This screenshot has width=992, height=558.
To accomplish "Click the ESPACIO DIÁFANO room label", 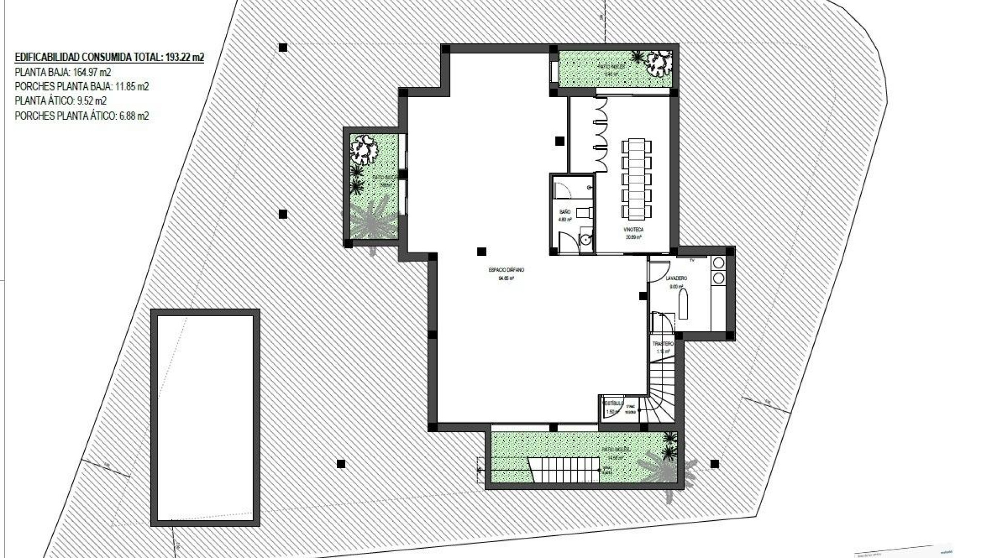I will pos(506,270).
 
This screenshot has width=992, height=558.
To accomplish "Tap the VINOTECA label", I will pos(633,229).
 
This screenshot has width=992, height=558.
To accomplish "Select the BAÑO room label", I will pos(565,212).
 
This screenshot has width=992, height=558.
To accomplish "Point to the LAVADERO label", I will pos(676,278).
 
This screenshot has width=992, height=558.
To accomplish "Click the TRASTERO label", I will pos(663,344).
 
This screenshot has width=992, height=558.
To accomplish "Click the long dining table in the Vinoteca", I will pos(637,178).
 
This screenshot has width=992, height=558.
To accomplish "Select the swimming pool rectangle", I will pos(205,417).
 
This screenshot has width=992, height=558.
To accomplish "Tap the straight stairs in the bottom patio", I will pos(564,470).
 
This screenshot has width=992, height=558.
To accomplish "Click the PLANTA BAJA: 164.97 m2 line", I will pos(63,72).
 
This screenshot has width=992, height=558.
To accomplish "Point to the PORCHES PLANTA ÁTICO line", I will pos(82,116).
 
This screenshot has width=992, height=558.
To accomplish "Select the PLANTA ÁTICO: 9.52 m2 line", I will pos(61,101).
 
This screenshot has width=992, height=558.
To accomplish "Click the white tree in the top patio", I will pos(659,62).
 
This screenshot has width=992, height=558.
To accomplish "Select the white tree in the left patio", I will pos(364,149).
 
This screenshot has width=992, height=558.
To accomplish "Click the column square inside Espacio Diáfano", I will pos(482,252).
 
